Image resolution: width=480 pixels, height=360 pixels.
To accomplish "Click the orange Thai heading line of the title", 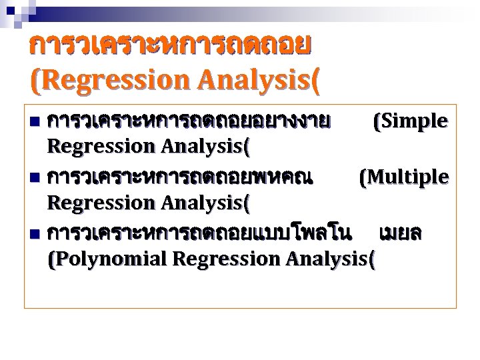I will point(170,45).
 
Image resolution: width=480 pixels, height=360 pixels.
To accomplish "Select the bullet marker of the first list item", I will point(35,122).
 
